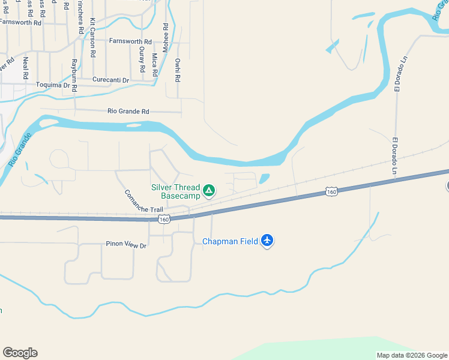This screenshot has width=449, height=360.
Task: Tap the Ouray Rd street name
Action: click(x=142, y=59)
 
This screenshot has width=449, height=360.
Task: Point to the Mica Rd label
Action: click(x=154, y=64)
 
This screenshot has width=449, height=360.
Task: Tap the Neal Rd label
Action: click(x=25, y=68)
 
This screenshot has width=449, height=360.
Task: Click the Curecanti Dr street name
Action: click(x=110, y=80)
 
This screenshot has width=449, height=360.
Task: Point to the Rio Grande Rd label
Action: click(x=128, y=111)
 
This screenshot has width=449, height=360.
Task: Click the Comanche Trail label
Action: click(x=143, y=202)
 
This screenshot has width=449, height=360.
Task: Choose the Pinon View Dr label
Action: click(x=122, y=245)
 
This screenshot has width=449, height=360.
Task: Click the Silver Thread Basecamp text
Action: click(x=175, y=191)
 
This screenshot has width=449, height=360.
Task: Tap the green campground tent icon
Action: click(x=208, y=191)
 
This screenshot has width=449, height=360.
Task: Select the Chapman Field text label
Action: click(x=230, y=241)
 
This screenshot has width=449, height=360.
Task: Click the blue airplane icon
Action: click(x=267, y=241)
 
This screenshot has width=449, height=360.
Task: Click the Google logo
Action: click(x=20, y=353)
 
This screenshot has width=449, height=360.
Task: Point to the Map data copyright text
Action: click(x=411, y=355)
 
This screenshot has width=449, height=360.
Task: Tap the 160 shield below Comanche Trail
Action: click(x=164, y=220)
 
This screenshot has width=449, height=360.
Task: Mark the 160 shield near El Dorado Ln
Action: click(x=331, y=191)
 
